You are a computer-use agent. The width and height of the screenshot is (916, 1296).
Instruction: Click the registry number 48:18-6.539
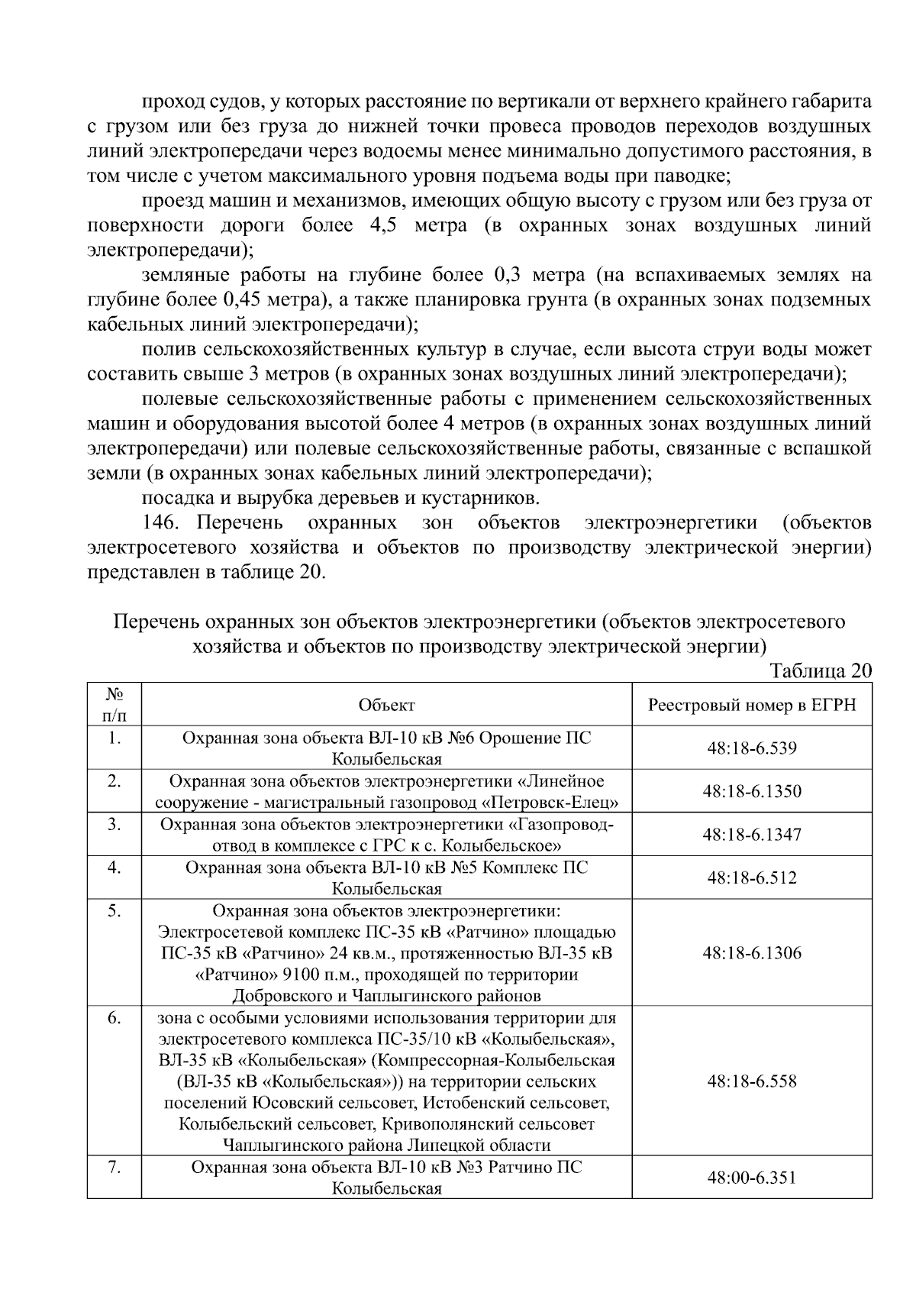click(x=752, y=748)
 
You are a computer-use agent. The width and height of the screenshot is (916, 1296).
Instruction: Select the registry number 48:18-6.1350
click(x=752, y=791)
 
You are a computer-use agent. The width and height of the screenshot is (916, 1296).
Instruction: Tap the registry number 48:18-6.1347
click(x=752, y=834)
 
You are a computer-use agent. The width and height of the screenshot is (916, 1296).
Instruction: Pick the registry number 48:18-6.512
click(x=752, y=877)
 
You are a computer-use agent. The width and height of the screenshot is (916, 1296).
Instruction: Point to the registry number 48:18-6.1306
click(x=752, y=953)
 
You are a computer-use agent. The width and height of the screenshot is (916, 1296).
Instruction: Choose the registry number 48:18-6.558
click(x=752, y=1081)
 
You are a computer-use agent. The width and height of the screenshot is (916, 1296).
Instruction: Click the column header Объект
click(x=386, y=705)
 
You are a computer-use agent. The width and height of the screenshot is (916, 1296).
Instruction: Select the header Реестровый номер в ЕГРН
click(x=752, y=705)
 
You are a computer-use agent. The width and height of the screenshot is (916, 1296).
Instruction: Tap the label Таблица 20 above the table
click(x=821, y=671)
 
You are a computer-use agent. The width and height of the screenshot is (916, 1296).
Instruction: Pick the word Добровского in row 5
click(x=289, y=996)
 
